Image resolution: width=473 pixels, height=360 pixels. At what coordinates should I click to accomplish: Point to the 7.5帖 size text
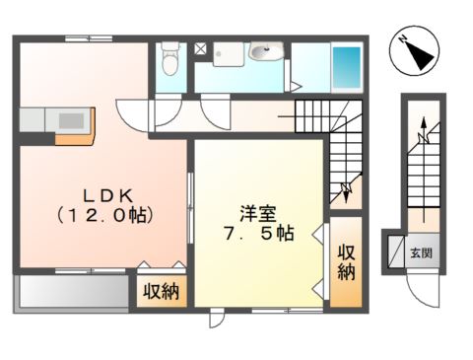258,234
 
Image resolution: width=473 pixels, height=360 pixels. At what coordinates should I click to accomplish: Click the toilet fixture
169,58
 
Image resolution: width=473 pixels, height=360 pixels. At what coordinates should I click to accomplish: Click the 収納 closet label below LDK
160,291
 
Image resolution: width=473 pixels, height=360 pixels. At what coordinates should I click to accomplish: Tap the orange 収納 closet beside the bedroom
346,260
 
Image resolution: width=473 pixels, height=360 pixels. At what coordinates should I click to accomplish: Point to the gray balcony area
74,293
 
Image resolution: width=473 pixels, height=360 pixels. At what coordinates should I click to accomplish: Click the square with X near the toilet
199,47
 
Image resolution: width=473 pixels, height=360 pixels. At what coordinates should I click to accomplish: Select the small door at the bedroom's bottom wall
216,318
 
